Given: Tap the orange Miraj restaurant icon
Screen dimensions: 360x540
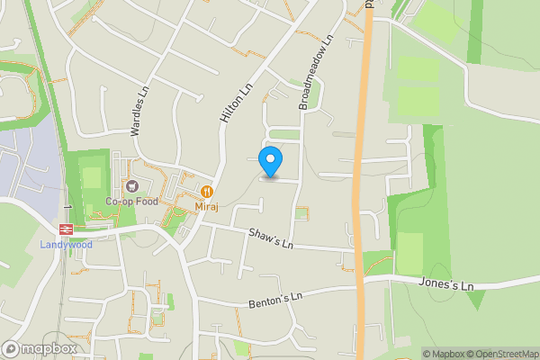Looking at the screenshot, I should pos(207,192).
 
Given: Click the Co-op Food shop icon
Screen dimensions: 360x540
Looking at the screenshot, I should pos(132,186).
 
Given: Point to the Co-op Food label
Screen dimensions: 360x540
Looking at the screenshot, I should pos(131,202).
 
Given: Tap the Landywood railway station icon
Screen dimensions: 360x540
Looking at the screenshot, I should pos(67,229).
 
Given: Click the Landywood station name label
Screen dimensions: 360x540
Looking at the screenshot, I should pos(66,244).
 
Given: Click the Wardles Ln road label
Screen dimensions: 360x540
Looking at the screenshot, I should pos(139,111).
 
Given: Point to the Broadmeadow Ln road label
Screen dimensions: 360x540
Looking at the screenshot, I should pos(316,72).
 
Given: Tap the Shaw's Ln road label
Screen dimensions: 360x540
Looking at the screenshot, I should pos(272,238).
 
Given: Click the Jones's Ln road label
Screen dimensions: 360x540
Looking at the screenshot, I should pos(445,284).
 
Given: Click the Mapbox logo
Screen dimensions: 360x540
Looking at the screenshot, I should pos(39,348).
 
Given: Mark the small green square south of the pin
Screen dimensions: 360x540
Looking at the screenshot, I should pos(301,213).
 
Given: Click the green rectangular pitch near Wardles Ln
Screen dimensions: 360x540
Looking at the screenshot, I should pos(92,177).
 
